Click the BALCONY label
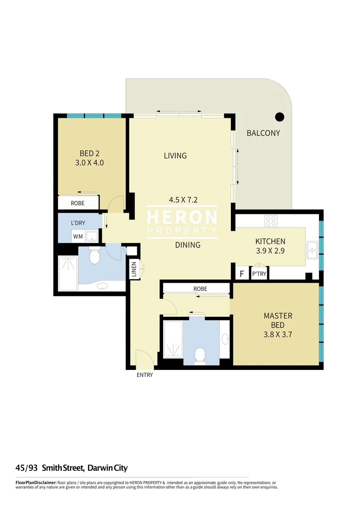coord(263,133)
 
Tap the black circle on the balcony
coord(279,116)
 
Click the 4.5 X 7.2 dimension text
coord(183,199)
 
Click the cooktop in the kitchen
coord(271,221)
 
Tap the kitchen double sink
coord(312,250)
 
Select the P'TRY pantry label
coord(258,274)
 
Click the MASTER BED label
coord(278,320)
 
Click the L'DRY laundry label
coord(78,222)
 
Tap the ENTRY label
coord(145,375)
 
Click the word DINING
coord(188,245)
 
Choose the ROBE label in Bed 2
coord(78,204)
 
